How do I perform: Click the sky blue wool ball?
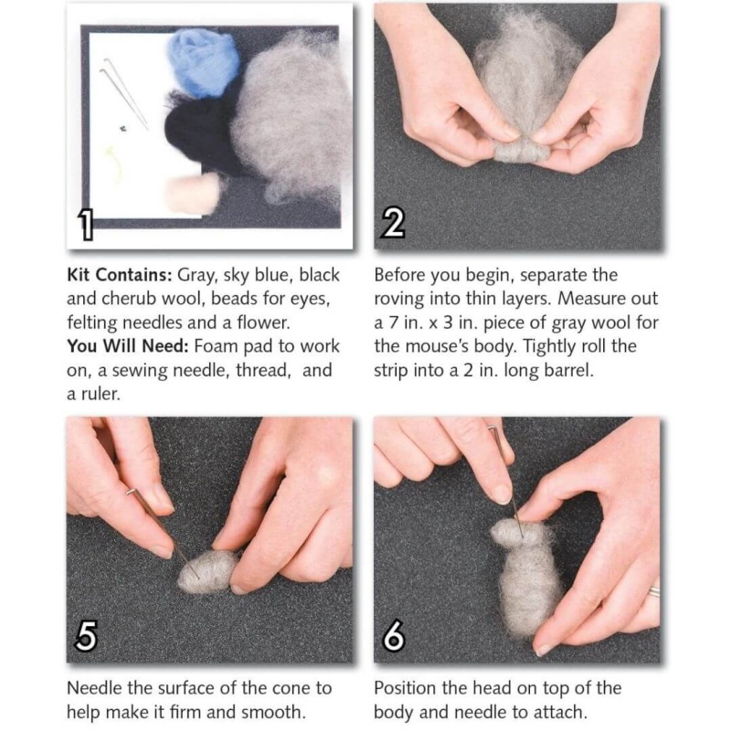click(x=203, y=60)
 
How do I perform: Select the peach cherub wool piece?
click(x=192, y=194)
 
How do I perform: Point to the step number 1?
click(x=86, y=225)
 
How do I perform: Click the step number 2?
click(x=393, y=223)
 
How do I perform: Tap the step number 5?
click(x=86, y=636)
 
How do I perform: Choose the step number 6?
click(x=393, y=636)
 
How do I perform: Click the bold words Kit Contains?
click(x=120, y=275)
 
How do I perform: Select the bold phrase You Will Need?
click(x=128, y=346)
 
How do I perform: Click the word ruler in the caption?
click(x=101, y=395)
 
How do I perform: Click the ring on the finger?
click(x=653, y=592)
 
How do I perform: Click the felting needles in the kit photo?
click(x=124, y=93)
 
